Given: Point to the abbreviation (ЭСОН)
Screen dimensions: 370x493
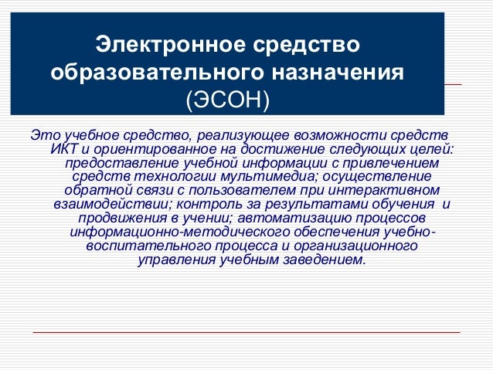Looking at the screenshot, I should pos(228,100).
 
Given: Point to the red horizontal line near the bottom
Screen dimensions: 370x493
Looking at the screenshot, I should pos(247,333).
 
